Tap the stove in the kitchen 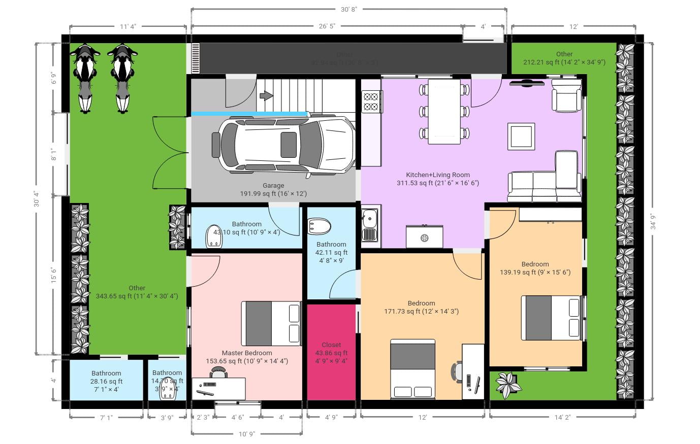(371, 101)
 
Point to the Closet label (331, 345)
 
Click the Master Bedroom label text (246, 353)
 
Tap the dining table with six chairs (444, 112)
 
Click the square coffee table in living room (521, 136)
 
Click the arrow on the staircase (266, 95)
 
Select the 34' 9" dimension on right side (652, 220)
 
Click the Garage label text (273, 185)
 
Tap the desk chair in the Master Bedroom (219, 373)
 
